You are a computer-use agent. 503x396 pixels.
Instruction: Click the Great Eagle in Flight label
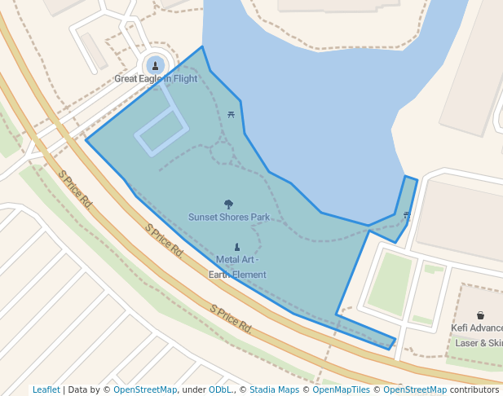tap(156, 79)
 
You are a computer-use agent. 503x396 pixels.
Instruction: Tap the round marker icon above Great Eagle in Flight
tap(155, 65)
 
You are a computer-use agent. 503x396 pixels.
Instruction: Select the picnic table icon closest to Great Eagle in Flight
tap(232, 115)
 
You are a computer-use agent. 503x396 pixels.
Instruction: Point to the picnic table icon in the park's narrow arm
tap(406, 214)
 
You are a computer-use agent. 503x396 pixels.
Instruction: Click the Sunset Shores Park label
tap(229, 218)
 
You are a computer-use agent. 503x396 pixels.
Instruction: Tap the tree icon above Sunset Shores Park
tap(228, 205)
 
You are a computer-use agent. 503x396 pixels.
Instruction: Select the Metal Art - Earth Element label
tap(237, 267)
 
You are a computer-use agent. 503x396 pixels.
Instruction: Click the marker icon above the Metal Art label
tap(237, 247)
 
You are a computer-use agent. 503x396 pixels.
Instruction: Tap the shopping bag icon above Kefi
tap(480, 315)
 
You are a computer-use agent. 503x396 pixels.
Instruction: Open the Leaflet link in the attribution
tap(46, 390)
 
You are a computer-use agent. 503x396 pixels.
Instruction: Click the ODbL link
tap(220, 390)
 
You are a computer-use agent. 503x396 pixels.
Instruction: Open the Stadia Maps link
tap(274, 390)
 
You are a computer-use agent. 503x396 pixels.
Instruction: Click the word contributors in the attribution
tap(474, 390)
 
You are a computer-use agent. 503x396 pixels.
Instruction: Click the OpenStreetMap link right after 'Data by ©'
tap(145, 390)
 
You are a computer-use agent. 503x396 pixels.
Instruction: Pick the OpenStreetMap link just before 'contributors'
tap(415, 390)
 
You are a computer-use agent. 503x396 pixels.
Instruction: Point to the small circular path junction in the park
tap(219, 151)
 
